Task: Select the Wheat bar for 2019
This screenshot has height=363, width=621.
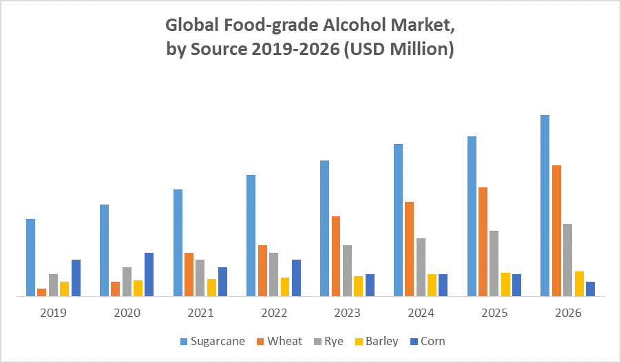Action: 42,292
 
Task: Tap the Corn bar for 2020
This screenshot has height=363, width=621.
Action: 149,274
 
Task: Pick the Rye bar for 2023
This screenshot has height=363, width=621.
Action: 347,270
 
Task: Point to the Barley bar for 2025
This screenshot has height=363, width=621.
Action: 506,284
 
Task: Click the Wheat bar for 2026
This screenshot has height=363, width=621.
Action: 556,231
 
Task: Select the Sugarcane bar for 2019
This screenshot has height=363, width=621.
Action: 30,257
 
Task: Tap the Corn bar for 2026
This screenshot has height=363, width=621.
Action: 590,289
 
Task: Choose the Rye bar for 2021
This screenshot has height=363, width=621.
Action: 200,278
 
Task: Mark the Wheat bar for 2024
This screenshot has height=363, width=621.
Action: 409,249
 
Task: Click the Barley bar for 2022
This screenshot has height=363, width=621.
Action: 285,287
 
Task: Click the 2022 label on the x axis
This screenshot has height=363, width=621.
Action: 274,313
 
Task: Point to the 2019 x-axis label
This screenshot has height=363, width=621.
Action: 53,313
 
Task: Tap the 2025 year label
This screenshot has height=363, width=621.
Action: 494,313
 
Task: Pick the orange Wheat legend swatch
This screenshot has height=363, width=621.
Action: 260,342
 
